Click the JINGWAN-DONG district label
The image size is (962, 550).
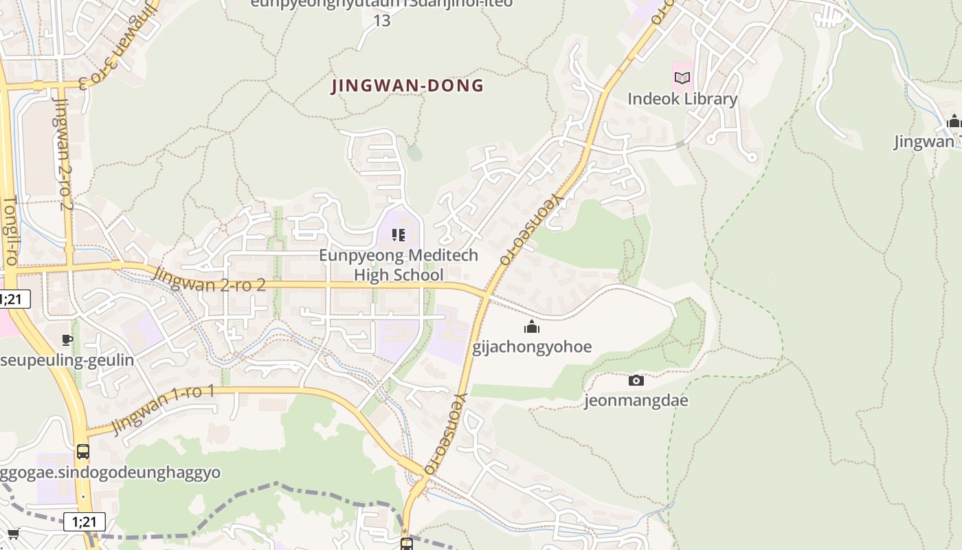pos(407,86)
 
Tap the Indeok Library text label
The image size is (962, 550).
pos(682,99)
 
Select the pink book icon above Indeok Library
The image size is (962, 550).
pos(682,78)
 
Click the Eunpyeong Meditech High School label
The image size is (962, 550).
pos(399,265)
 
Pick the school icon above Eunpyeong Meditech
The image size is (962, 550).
pos(399,235)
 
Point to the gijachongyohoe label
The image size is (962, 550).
pos(532,346)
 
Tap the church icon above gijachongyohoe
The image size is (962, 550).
pos(532,327)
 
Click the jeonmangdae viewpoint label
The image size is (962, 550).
pos(636,400)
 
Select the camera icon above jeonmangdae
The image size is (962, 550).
pos(636,380)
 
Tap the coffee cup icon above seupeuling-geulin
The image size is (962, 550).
pos(67,340)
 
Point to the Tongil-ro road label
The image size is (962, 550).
pos(10,232)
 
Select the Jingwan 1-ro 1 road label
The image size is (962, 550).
pos(164,410)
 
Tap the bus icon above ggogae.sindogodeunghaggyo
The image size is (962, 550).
pos(83,452)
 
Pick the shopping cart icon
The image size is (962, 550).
pos(12,533)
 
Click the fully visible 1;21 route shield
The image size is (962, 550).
pos(85,522)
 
